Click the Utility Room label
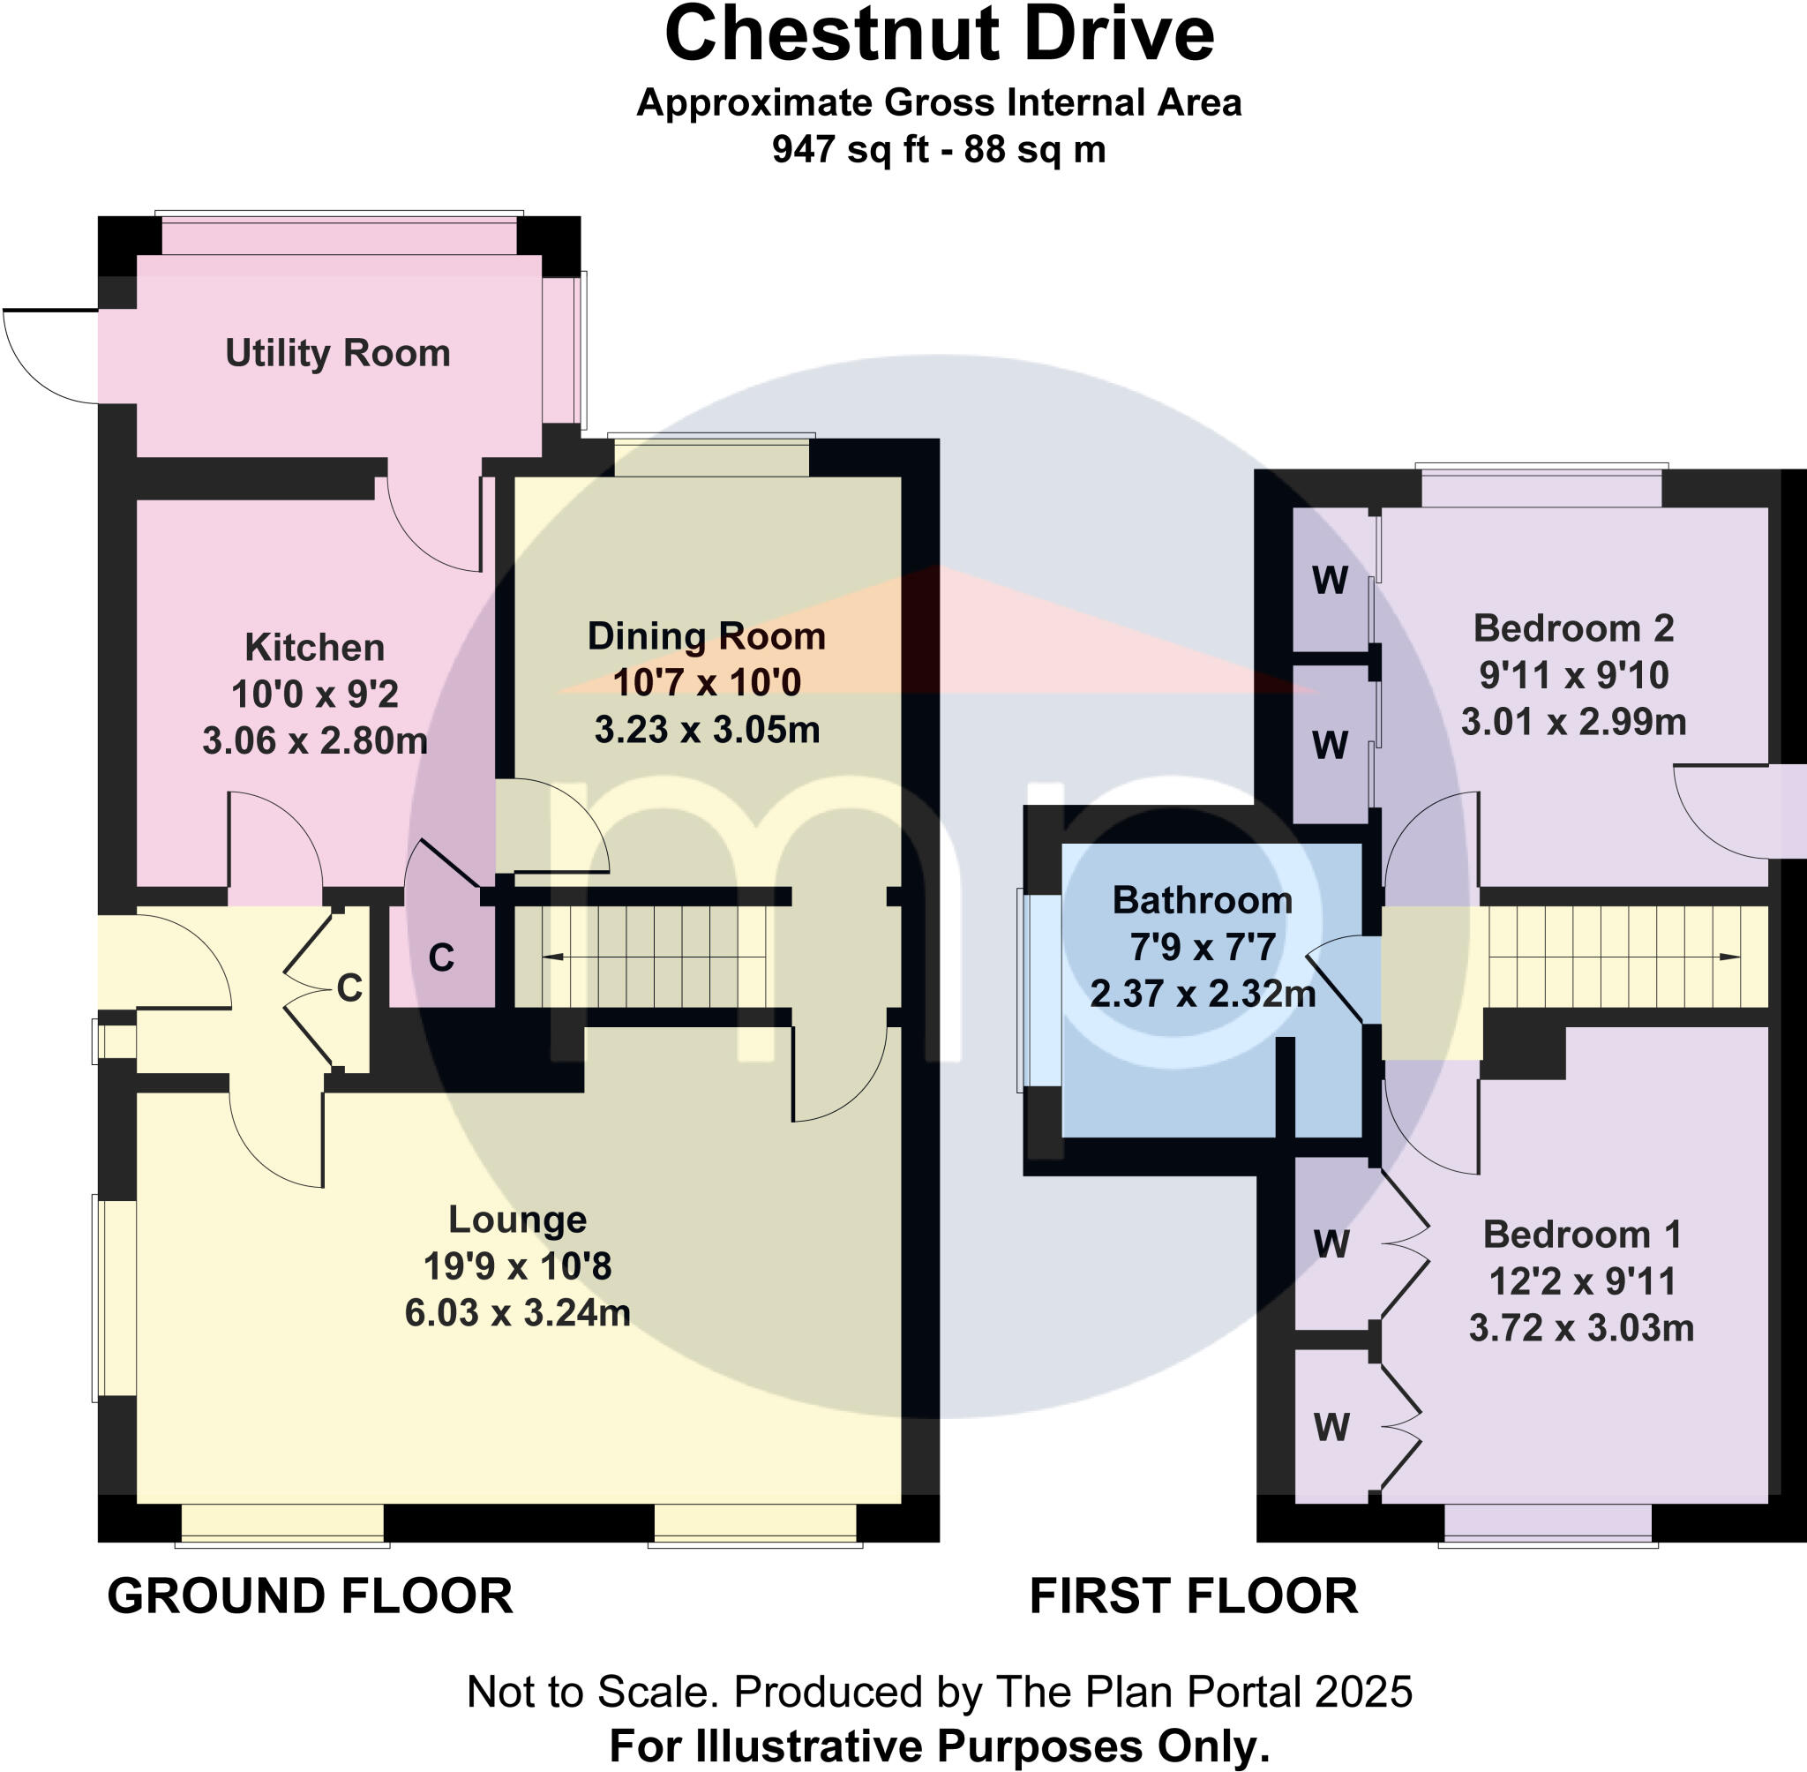[338, 353]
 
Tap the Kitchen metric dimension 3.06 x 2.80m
[314, 740]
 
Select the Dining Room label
[706, 636]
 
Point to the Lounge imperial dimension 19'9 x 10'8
[517, 1266]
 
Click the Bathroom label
[1203, 900]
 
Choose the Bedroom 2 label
[1573, 628]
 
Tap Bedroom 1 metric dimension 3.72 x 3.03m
[1581, 1327]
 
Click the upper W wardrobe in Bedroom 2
[1330, 581]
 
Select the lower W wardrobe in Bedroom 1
[1331, 1427]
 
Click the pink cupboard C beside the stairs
[441, 957]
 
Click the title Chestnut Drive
[939, 35]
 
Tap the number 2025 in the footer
[1363, 1692]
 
